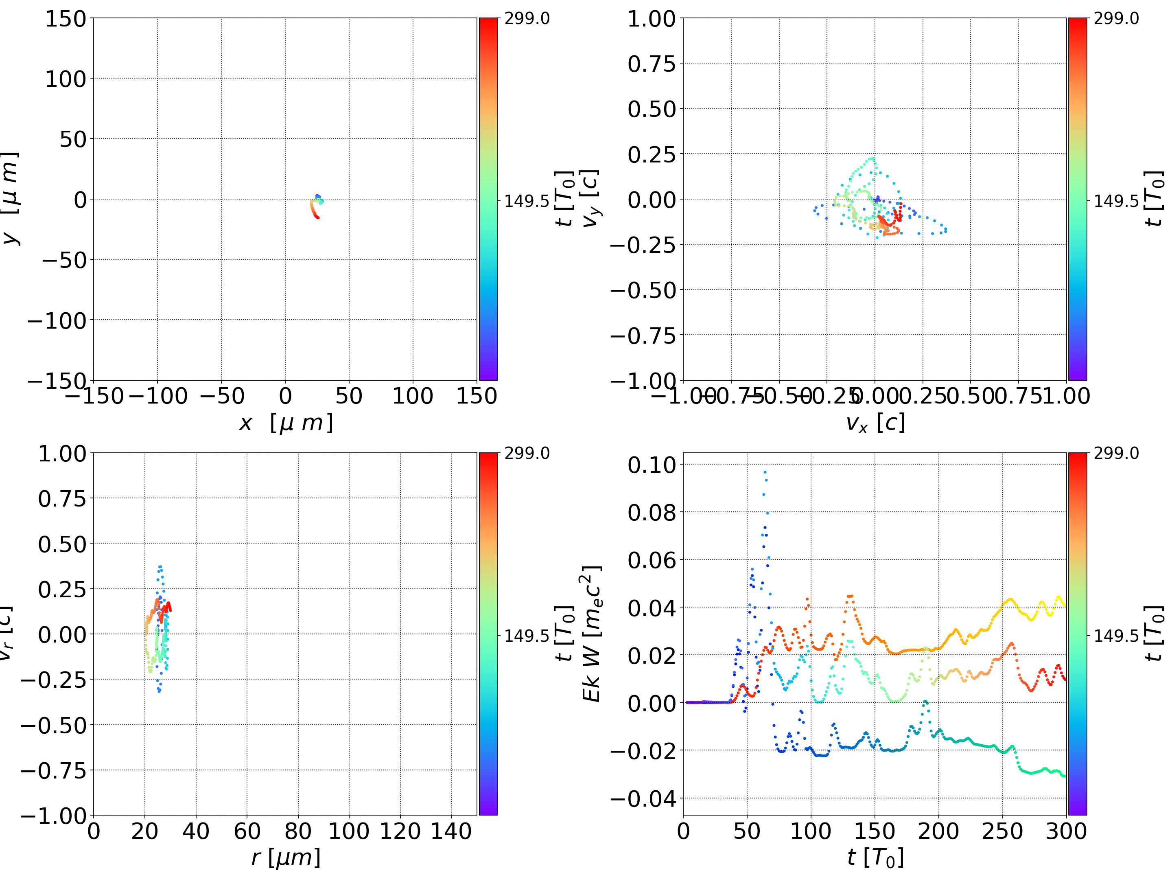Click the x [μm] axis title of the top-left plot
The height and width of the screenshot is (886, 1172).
pos(286,423)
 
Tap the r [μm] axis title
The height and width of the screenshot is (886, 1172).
pos(286,857)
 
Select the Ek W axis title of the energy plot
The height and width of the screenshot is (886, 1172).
pos(591,634)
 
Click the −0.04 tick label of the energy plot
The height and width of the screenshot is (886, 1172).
pos(643,798)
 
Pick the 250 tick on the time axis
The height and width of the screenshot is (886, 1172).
pos(1002,831)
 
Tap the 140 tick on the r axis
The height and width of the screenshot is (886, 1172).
pos(451,831)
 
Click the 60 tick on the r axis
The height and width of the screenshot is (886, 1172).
pos(247,831)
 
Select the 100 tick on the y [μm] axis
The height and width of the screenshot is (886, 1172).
pos(65,79)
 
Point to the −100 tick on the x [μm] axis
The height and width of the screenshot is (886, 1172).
pos(158,396)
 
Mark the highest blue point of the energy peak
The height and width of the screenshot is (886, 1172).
pos(765,472)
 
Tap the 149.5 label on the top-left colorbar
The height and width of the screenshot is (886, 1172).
pos(526,201)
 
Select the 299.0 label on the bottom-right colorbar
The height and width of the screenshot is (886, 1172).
pos(1116,453)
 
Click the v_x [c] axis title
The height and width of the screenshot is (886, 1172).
pos(875,423)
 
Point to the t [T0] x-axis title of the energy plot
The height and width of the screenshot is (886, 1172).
pos(875,857)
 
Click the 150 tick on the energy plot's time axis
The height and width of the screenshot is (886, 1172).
pos(875,831)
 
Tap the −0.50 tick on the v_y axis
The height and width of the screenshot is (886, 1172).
pos(643,291)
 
